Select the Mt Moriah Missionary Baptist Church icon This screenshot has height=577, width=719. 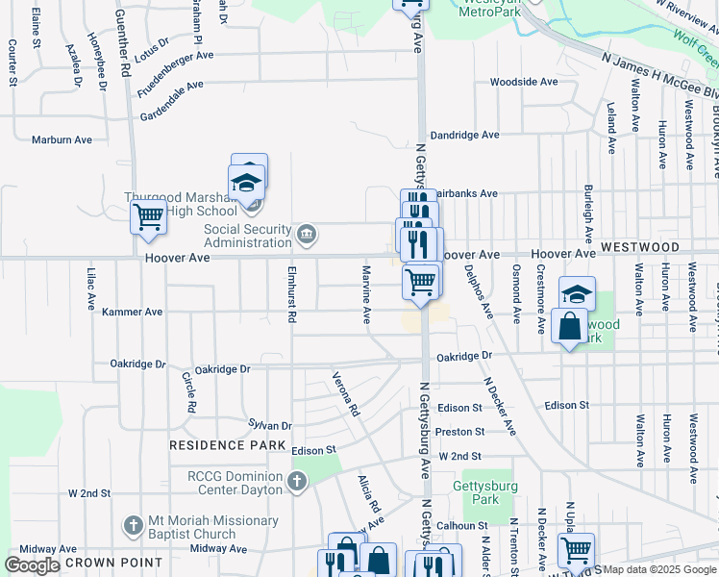click(x=133, y=526)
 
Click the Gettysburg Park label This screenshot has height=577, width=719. click(x=487, y=492)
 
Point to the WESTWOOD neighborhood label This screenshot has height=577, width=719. click(x=640, y=247)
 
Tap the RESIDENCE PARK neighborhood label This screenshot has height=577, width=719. click(x=228, y=445)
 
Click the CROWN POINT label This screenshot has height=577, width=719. click(x=105, y=564)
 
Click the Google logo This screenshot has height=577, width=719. click(x=32, y=565)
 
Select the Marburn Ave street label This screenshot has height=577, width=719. click(x=62, y=139)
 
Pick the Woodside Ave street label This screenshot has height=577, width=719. click(x=524, y=82)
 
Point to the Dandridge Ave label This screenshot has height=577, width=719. click(x=464, y=136)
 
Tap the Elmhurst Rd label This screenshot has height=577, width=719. click(x=291, y=294)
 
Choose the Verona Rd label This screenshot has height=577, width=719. click(x=345, y=394)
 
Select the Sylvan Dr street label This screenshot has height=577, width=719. click(x=269, y=424)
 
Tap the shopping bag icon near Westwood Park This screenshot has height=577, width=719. click(x=569, y=326)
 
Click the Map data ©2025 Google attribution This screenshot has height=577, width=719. click(x=659, y=569)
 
